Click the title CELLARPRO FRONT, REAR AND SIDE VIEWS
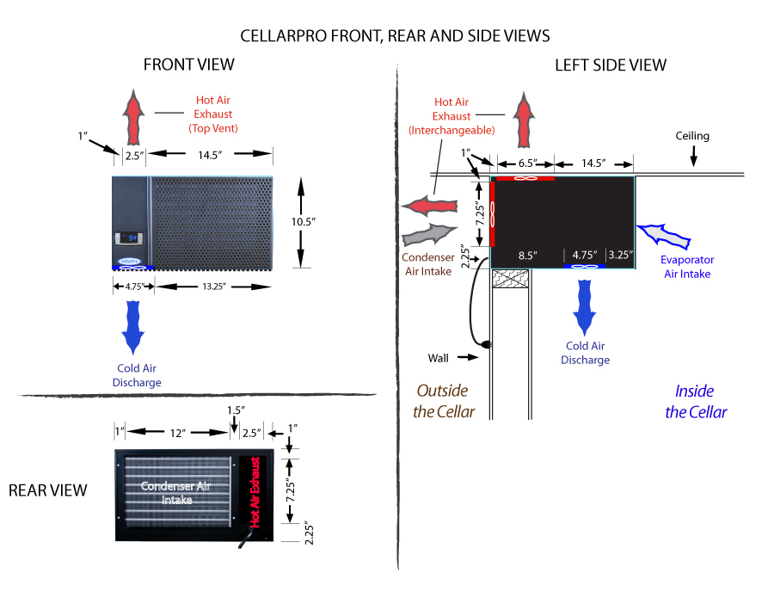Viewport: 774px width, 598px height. pyautogui.click(x=395, y=36)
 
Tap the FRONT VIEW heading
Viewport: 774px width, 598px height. pyautogui.click(x=188, y=65)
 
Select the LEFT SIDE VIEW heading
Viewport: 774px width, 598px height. pyautogui.click(x=610, y=65)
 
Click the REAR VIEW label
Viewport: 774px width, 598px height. pyautogui.click(x=48, y=490)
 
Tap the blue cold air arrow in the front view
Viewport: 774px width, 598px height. pyautogui.click(x=133, y=327)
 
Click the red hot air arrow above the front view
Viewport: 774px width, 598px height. pyautogui.click(x=132, y=115)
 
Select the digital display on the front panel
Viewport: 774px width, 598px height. pyautogui.click(x=130, y=236)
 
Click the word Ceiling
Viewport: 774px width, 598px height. pyautogui.click(x=692, y=136)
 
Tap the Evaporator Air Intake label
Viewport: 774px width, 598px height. pyautogui.click(x=686, y=267)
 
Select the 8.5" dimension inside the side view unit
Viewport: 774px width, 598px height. pyautogui.click(x=527, y=255)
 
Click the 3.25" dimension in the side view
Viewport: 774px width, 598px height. pyautogui.click(x=620, y=255)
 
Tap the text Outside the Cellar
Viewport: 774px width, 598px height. pyautogui.click(x=444, y=401)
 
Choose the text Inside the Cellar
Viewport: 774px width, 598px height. pyautogui.click(x=696, y=401)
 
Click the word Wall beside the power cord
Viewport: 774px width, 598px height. pyautogui.click(x=440, y=357)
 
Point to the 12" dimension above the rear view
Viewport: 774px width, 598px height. pyautogui.click(x=178, y=433)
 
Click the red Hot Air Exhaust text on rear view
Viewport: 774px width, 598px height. pyautogui.click(x=255, y=492)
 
